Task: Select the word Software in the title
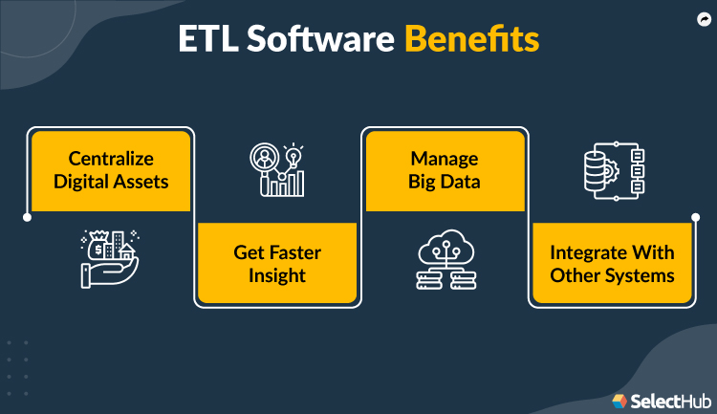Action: click(321, 41)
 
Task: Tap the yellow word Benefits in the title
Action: click(471, 41)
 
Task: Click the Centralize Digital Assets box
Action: click(111, 168)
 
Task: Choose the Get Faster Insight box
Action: click(276, 264)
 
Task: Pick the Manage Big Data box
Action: click(444, 168)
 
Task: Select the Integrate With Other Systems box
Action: click(612, 264)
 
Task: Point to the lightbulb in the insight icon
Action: click(293, 154)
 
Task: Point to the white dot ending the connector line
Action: click(27, 217)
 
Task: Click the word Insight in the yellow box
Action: click(276, 275)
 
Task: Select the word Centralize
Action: click(111, 158)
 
